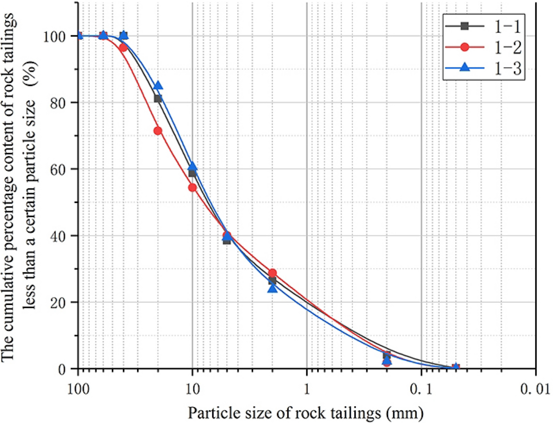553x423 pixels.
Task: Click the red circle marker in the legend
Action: pos(464,47)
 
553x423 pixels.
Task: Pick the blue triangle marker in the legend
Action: pos(464,68)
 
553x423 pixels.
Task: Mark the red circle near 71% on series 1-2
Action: pos(158,131)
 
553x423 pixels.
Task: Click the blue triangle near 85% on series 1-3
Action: pos(158,86)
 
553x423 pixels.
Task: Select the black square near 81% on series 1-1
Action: pos(158,99)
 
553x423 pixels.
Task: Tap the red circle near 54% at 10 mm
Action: pos(192,188)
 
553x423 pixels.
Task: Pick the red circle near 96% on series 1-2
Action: pos(123,48)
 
